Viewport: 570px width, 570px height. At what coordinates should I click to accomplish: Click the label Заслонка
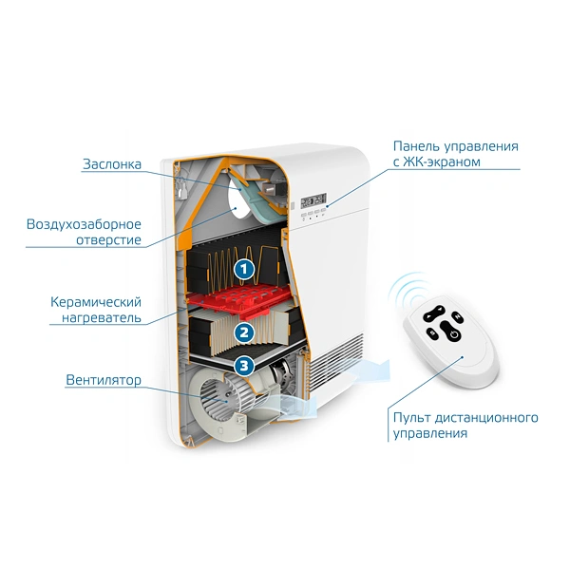click(x=111, y=164)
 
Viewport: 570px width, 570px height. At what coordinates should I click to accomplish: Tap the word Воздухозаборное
click(x=85, y=223)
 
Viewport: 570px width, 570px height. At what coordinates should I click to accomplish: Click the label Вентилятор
click(x=104, y=380)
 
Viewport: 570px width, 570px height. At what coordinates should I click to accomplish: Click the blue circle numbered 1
click(x=244, y=269)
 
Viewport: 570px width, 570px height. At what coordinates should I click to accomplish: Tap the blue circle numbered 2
click(x=244, y=332)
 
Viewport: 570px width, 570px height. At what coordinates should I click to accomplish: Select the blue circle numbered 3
click(x=244, y=365)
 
